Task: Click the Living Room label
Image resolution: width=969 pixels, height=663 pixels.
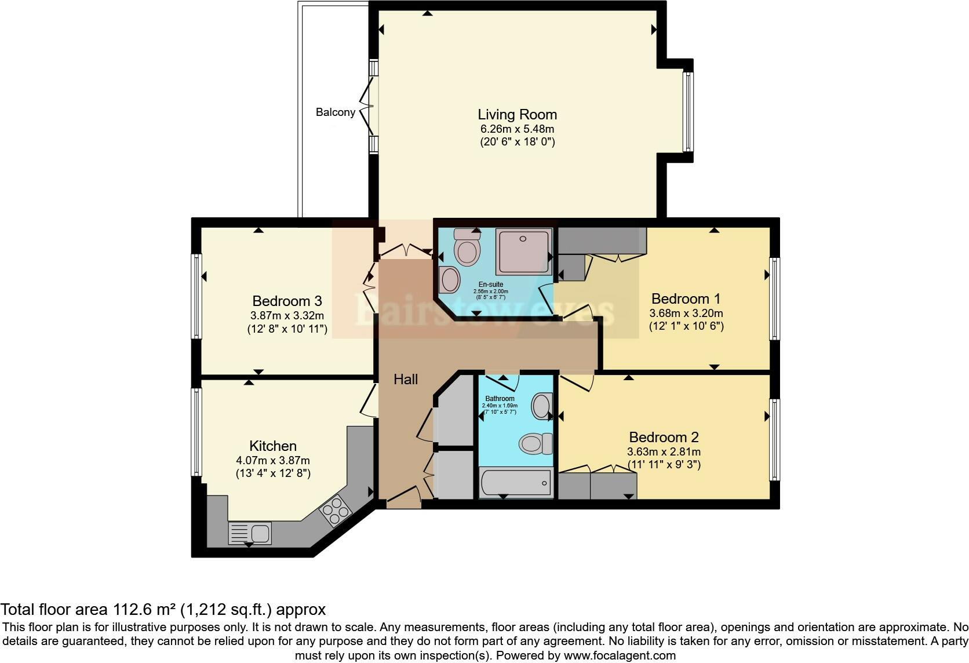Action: tap(517, 115)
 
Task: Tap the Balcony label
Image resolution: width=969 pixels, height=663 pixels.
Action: tap(335, 112)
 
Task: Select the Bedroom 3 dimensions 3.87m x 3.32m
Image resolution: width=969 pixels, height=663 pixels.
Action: tap(287, 316)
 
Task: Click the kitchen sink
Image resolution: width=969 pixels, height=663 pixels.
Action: tap(250, 532)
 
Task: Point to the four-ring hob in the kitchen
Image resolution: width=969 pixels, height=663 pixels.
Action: tap(336, 511)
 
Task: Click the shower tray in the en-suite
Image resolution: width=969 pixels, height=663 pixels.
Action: tap(524, 251)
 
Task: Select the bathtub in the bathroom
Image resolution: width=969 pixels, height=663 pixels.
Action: tap(515, 483)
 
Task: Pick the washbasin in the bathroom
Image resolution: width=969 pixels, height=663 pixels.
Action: tap(542, 406)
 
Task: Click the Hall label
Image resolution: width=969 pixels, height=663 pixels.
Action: tap(406, 380)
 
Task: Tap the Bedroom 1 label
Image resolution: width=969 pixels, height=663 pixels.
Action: tap(686, 299)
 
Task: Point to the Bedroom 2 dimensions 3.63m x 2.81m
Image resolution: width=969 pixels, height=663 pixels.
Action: tap(664, 452)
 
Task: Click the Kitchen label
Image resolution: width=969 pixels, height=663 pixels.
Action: tap(273, 446)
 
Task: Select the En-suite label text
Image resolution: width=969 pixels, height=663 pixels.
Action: tap(490, 285)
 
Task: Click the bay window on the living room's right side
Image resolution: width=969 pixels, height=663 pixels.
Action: tap(688, 111)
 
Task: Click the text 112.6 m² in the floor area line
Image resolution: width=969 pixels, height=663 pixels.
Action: tap(144, 610)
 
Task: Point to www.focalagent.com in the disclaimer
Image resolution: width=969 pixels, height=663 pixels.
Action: tap(619, 655)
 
